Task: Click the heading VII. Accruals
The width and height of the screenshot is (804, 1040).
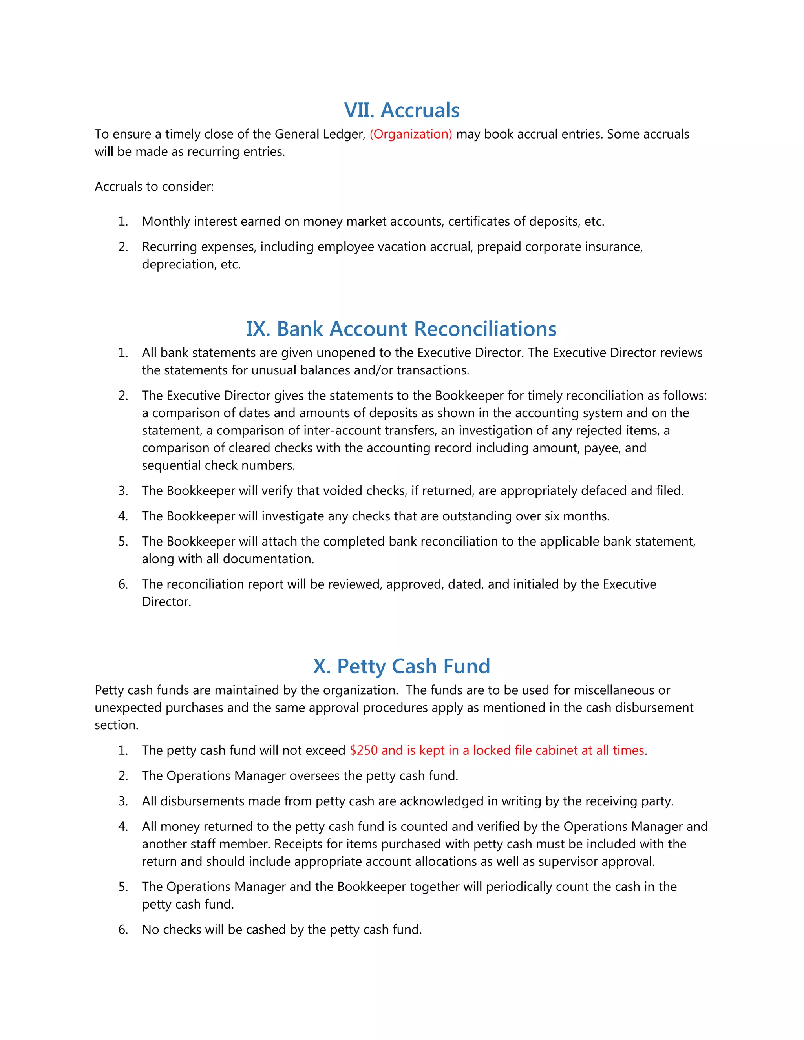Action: coord(402,111)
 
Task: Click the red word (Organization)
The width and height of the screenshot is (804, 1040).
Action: coord(411,134)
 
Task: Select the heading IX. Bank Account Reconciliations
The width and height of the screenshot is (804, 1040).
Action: coord(401,329)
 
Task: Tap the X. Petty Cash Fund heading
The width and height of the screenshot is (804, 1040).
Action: coord(401,666)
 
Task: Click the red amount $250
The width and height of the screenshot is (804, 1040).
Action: coord(364,750)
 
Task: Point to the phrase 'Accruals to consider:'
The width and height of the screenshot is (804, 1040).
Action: coord(154,187)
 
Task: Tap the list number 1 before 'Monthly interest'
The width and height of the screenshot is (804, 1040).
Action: coord(123,221)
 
